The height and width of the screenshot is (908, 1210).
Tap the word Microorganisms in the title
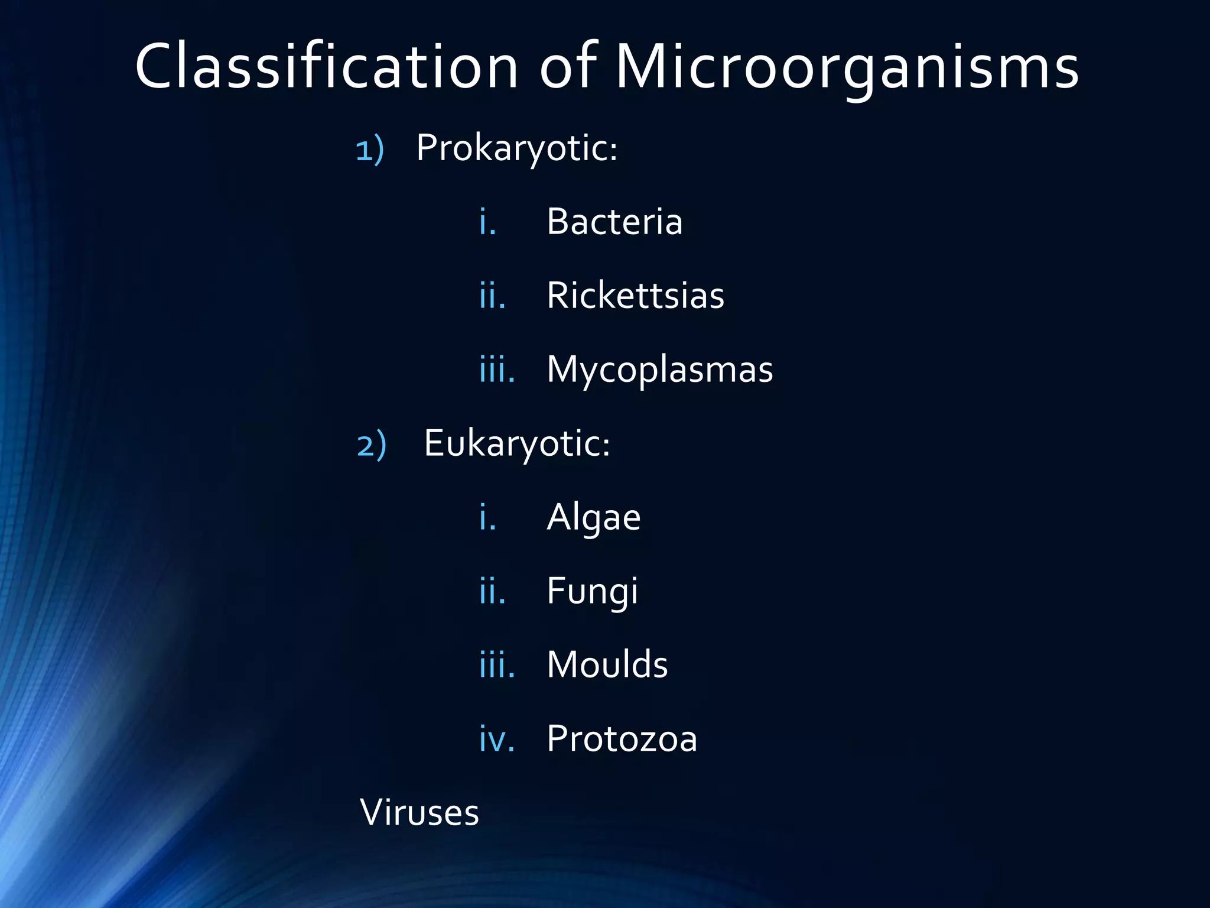tap(847, 67)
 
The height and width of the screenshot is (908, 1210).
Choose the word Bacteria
tap(614, 222)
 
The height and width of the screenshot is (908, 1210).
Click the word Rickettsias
tap(635, 296)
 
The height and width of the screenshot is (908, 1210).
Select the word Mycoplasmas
tap(659, 370)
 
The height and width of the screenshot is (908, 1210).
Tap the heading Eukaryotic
tap(517, 443)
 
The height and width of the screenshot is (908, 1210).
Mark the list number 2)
tap(372, 445)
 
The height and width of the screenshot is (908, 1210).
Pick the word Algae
tap(593, 518)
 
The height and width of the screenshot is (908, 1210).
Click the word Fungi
tap(592, 591)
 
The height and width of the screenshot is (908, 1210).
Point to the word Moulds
tap(607, 664)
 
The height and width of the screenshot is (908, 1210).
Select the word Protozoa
tap(622, 739)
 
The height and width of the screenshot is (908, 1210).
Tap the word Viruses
tap(419, 813)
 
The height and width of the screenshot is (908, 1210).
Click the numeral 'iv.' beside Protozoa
tap(497, 740)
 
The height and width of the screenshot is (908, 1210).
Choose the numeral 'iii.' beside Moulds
tap(497, 666)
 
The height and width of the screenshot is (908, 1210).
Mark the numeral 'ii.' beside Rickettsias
tap(492, 296)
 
